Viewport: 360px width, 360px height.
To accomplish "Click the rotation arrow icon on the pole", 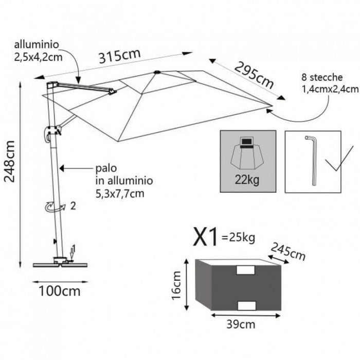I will point(53,207).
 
